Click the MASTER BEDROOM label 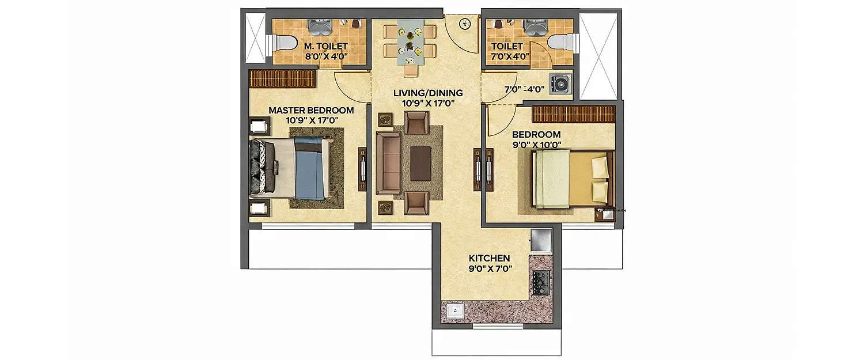[x=311, y=110]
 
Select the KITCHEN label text [x=489, y=258]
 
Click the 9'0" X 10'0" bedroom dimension [x=537, y=145]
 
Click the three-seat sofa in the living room [x=388, y=162]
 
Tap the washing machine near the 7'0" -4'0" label [x=560, y=84]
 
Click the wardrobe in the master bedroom [x=282, y=78]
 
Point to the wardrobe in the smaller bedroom [x=573, y=113]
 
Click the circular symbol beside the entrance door [x=465, y=24]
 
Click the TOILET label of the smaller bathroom [x=507, y=46]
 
